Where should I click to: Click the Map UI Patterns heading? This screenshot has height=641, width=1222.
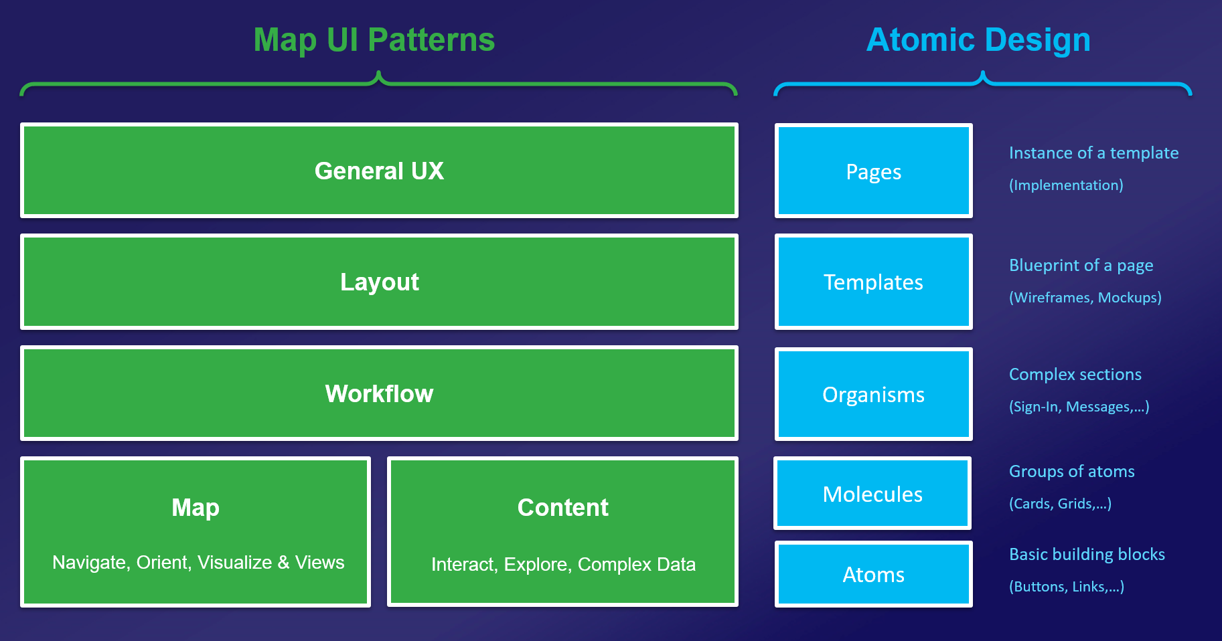pos(374,40)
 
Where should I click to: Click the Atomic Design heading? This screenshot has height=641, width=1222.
pos(978,40)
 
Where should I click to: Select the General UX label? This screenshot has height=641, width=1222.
pos(379,171)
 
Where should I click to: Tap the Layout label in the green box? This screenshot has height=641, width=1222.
pos(379,282)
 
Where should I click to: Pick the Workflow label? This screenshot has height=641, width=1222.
pos(379,394)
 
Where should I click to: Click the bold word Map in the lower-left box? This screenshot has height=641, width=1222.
pos(196,508)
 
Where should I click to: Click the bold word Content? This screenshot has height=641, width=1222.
pos(562,508)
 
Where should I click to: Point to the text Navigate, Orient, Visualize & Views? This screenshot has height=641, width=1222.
pos(198,563)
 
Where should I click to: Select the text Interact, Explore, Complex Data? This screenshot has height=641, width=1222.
pos(563,565)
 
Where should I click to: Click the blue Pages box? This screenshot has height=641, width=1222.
pos(873,172)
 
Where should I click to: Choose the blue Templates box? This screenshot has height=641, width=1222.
pos(873,282)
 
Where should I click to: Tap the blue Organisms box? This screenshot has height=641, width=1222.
pos(873,395)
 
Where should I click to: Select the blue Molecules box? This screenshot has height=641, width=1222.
pos(872,494)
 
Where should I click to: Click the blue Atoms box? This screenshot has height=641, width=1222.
pos(873,575)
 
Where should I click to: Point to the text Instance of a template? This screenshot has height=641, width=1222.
pos(1093,153)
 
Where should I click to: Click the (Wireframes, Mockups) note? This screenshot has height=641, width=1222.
pos(1085,298)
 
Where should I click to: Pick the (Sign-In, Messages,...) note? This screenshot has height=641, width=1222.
pos(1079,407)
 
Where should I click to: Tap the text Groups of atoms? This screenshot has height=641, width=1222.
pos(1071,472)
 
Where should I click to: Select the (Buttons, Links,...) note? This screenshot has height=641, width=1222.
pos(1066,587)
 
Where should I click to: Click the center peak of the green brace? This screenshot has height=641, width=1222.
pos(379,74)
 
